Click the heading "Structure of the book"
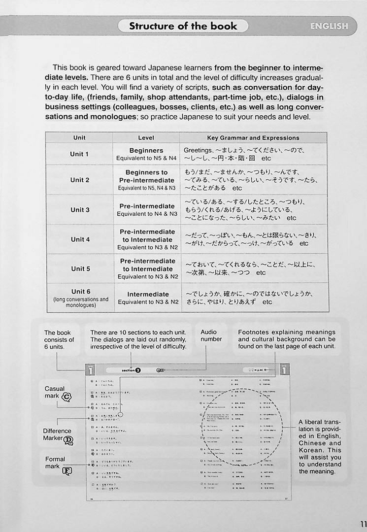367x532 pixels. [x=183, y=26]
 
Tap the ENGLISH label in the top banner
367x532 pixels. [x=329, y=26]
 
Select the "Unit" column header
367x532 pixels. [x=79, y=138]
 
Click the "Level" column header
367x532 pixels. [x=146, y=138]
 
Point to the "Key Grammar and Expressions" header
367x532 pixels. [x=253, y=138]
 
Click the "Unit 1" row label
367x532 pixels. [x=79, y=154]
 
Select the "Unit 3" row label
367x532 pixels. [x=80, y=210]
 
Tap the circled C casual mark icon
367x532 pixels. [x=67, y=397]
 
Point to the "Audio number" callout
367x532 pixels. [x=211, y=335]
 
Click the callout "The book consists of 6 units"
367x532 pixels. [x=60, y=339]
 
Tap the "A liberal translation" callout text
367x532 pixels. [x=320, y=446]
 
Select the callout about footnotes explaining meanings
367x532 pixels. [x=287, y=339]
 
